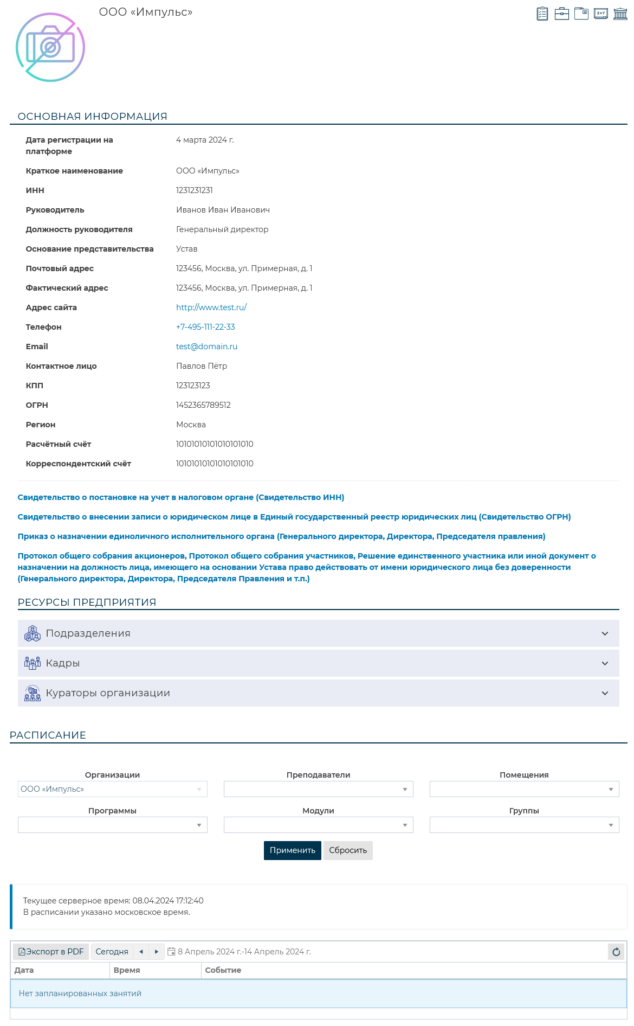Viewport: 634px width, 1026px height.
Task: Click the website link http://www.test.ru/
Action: pyautogui.click(x=211, y=307)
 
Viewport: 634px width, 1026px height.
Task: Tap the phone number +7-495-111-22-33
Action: pyautogui.click(x=205, y=327)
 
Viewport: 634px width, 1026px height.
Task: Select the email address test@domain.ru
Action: pyautogui.click(x=206, y=347)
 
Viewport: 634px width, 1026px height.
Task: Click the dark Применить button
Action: pyautogui.click(x=292, y=850)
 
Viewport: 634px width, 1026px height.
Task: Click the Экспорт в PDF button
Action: pyautogui.click(x=51, y=952)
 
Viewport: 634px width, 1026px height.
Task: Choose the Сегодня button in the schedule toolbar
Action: pyautogui.click(x=112, y=952)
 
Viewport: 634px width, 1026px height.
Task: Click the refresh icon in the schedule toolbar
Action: pyautogui.click(x=616, y=952)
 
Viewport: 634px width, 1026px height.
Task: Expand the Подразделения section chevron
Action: pyautogui.click(x=605, y=633)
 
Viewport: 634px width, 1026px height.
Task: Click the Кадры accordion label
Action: pyautogui.click(x=63, y=663)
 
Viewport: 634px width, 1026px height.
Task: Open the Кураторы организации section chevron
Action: pyautogui.click(x=605, y=693)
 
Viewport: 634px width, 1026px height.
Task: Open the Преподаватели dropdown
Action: pyautogui.click(x=318, y=789)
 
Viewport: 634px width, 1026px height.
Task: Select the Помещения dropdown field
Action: pyautogui.click(x=524, y=789)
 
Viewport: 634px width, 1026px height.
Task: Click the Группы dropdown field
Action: pyautogui.click(x=524, y=825)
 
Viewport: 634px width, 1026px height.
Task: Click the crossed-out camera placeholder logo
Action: pyautogui.click(x=50, y=47)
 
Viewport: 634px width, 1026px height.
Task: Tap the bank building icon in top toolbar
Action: pyautogui.click(x=620, y=14)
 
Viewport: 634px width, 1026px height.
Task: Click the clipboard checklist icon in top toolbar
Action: pyautogui.click(x=542, y=14)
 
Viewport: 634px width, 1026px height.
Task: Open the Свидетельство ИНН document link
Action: pyautogui.click(x=180, y=497)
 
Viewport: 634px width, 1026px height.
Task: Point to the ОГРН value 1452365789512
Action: pyautogui.click(x=203, y=405)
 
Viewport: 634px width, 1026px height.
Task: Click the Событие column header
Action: pyautogui.click(x=223, y=970)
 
